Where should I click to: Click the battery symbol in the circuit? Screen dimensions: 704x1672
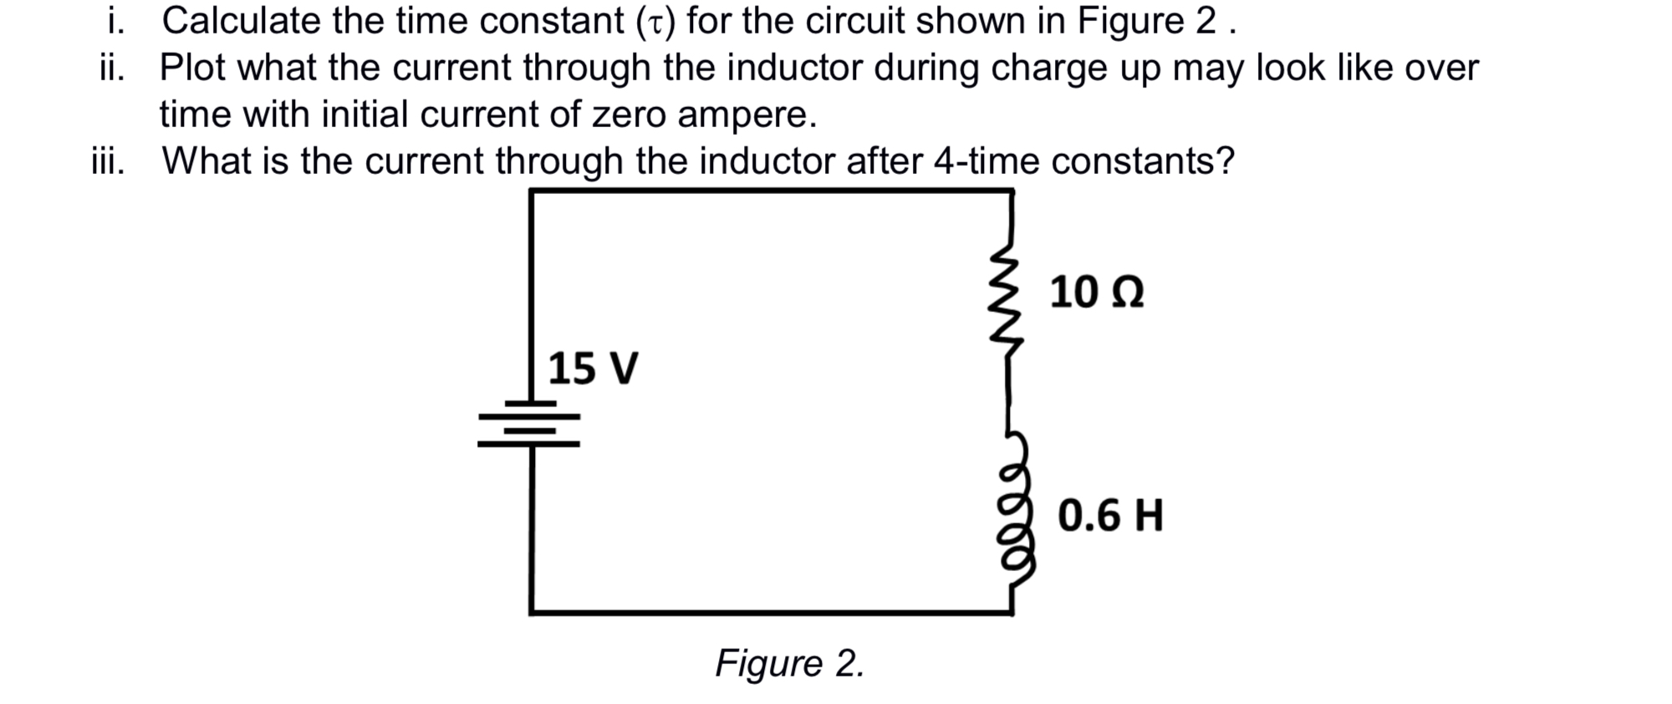529,424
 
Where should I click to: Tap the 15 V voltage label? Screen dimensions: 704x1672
593,369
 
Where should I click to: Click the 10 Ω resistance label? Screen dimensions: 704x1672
1097,293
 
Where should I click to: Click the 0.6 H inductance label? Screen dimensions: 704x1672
1110,515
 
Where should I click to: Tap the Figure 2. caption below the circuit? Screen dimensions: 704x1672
789,664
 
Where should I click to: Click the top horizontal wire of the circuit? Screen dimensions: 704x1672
769,191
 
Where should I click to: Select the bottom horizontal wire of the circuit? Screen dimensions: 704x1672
769,613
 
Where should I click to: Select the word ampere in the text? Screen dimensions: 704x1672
746,115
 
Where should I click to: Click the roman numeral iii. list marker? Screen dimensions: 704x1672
109,161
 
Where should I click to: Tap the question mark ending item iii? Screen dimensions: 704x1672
1226,161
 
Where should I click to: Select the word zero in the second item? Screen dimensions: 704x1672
630,115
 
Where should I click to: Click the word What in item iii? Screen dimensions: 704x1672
206,161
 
